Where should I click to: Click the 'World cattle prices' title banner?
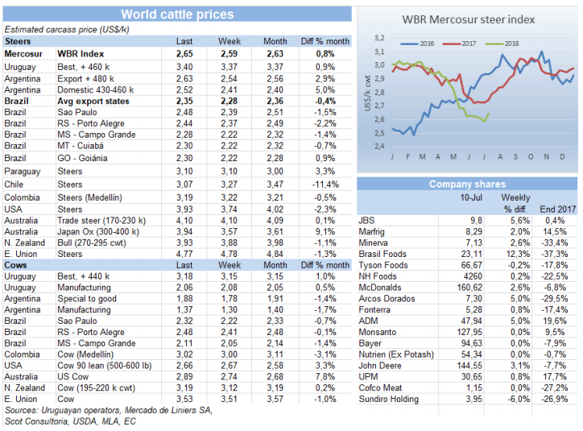point(177,14)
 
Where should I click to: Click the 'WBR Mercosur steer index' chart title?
point(467,19)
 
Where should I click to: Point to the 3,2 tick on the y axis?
point(379,37)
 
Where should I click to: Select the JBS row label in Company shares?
point(366,220)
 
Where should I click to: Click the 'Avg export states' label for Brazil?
point(95,101)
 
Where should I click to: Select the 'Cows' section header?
point(15,264)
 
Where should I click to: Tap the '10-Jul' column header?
point(471,197)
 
